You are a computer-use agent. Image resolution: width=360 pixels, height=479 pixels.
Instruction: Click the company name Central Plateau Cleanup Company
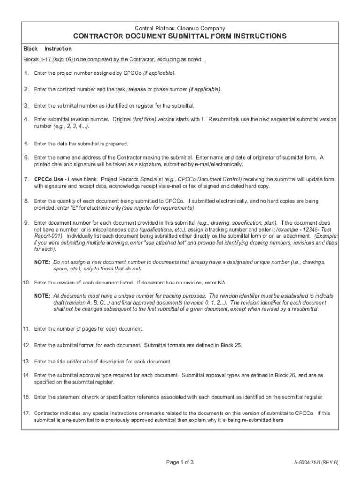click(180, 28)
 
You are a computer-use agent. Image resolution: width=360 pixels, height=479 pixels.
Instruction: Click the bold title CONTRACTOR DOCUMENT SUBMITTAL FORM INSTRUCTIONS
click(180, 36)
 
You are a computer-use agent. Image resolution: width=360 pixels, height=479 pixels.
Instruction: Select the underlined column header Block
click(30, 49)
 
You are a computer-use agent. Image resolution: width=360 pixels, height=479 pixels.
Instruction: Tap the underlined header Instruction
click(58, 49)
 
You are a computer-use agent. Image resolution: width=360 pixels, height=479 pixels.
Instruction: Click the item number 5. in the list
click(27, 144)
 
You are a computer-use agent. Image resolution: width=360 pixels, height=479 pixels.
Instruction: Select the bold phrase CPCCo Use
click(49, 180)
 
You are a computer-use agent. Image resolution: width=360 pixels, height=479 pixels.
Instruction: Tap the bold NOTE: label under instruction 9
click(42, 262)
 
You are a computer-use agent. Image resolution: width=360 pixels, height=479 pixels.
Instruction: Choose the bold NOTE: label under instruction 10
click(42, 296)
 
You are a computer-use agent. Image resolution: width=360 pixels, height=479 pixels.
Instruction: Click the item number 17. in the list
click(27, 414)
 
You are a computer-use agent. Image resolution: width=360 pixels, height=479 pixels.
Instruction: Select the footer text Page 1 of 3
click(180, 463)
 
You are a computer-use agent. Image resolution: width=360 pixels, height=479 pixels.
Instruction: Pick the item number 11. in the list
click(27, 329)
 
